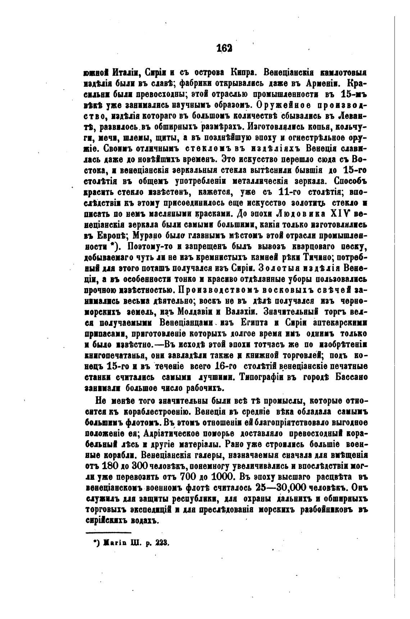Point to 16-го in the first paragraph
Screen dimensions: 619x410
(225, 367)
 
